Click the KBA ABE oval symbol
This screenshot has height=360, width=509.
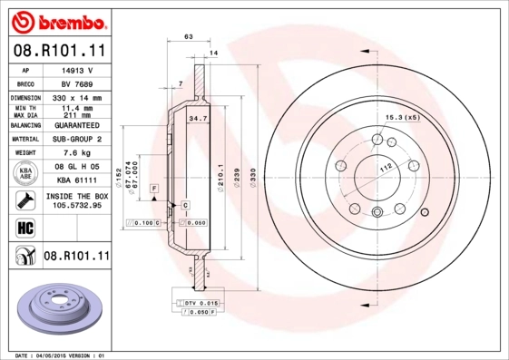tap(26, 173)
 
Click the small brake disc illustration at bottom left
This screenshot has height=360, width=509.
tap(56, 307)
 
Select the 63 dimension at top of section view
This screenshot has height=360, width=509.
tap(188, 36)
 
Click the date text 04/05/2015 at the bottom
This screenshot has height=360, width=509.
tap(60, 355)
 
